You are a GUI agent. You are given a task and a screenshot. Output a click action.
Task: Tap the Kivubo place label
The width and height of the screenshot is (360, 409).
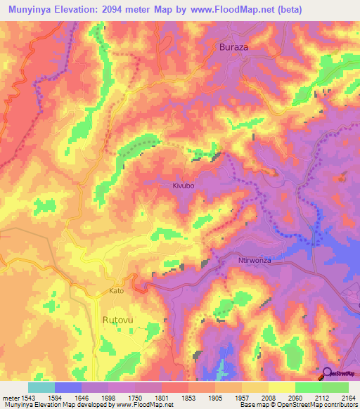tap(183, 186)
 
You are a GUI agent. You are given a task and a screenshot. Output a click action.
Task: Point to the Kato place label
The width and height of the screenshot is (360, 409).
tap(117, 290)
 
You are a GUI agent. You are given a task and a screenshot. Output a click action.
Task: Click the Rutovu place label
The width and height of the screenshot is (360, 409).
tap(117, 319)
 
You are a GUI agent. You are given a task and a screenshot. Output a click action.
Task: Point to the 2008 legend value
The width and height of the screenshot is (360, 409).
tap(266, 398)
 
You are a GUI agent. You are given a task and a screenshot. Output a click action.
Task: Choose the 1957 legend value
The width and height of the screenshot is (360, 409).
tap(239, 398)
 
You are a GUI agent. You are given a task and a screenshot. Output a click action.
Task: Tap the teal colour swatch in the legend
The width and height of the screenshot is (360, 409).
tap(41, 387)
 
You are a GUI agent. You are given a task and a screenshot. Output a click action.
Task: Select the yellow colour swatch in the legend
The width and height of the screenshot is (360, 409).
tap(281, 387)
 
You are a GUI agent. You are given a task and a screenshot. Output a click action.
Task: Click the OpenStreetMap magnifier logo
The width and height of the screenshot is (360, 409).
tap(327, 372)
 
